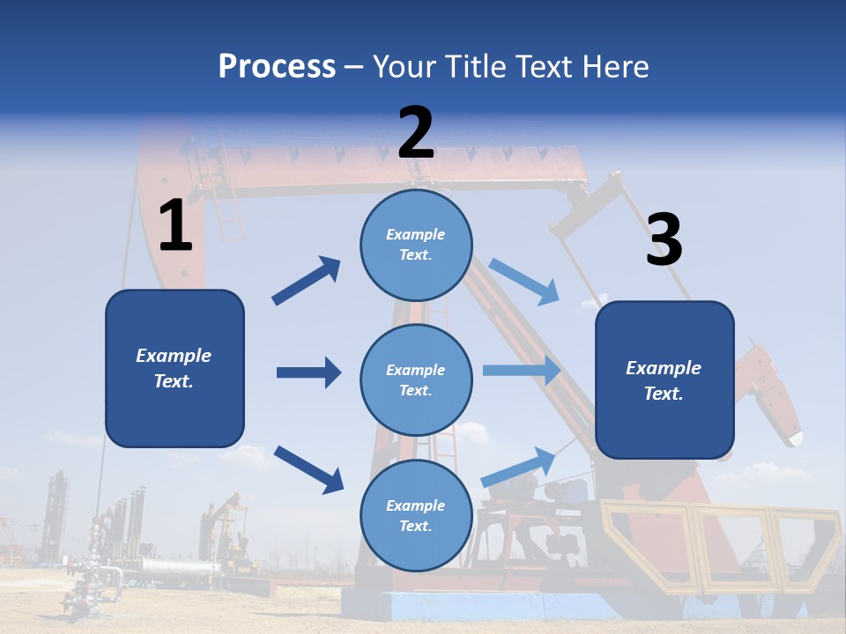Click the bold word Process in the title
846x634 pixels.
point(277,67)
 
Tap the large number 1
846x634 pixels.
point(175,226)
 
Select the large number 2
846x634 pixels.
point(416,133)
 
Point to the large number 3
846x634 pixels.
point(664,240)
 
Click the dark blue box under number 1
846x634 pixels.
point(174,368)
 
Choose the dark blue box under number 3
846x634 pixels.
point(664,380)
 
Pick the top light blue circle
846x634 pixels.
point(416,245)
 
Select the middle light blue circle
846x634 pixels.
point(416,380)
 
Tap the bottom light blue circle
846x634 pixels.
point(416,515)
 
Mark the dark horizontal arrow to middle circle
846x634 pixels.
point(308,372)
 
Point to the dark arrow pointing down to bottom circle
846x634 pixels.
point(308,469)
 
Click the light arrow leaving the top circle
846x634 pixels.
point(523,281)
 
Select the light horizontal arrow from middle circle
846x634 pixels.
point(521,370)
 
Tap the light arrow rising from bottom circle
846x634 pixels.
point(518,467)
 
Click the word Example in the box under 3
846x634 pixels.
point(664,368)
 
